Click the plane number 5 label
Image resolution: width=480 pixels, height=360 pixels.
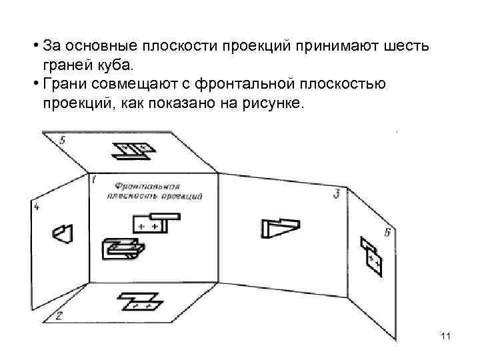pos(63,140)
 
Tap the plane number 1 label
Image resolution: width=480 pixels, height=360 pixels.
pos(95,179)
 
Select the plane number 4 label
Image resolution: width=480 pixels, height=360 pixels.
pos(37,208)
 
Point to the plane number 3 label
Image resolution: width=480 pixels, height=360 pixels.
pos(337,193)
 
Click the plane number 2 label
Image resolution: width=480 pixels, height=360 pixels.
pos(59,316)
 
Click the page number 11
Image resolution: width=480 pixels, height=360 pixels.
pos(446,338)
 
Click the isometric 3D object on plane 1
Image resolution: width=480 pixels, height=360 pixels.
pos(123,249)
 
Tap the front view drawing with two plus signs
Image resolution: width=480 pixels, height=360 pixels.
pos(154,222)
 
